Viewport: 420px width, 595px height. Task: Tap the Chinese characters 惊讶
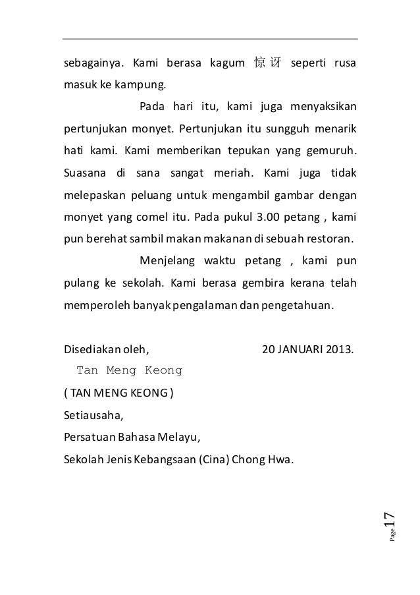coord(268,64)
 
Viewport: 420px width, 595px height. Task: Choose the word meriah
coord(233,175)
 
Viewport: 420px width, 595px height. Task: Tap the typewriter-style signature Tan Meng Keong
coord(129,370)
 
